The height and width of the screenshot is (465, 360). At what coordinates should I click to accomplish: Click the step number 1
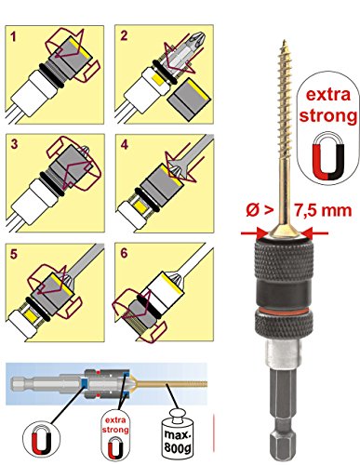point(13,37)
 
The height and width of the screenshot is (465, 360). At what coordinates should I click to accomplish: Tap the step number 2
point(124,35)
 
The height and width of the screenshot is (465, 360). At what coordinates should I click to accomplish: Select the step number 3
point(14,144)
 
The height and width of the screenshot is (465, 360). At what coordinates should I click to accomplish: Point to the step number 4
point(124,144)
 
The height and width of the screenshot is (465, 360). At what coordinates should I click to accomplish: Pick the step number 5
point(14,254)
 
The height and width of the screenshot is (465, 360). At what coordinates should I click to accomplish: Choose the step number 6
point(124,253)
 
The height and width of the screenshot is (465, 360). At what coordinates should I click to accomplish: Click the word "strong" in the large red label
point(328,116)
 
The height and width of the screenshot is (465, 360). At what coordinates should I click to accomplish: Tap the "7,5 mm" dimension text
point(323,210)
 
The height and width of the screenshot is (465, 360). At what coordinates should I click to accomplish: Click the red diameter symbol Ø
point(253,210)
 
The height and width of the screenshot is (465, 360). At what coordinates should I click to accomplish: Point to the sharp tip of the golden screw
point(284,40)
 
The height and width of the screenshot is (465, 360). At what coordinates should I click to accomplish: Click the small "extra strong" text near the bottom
point(115,425)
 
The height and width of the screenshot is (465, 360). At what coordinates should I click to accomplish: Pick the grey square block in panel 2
point(189,100)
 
